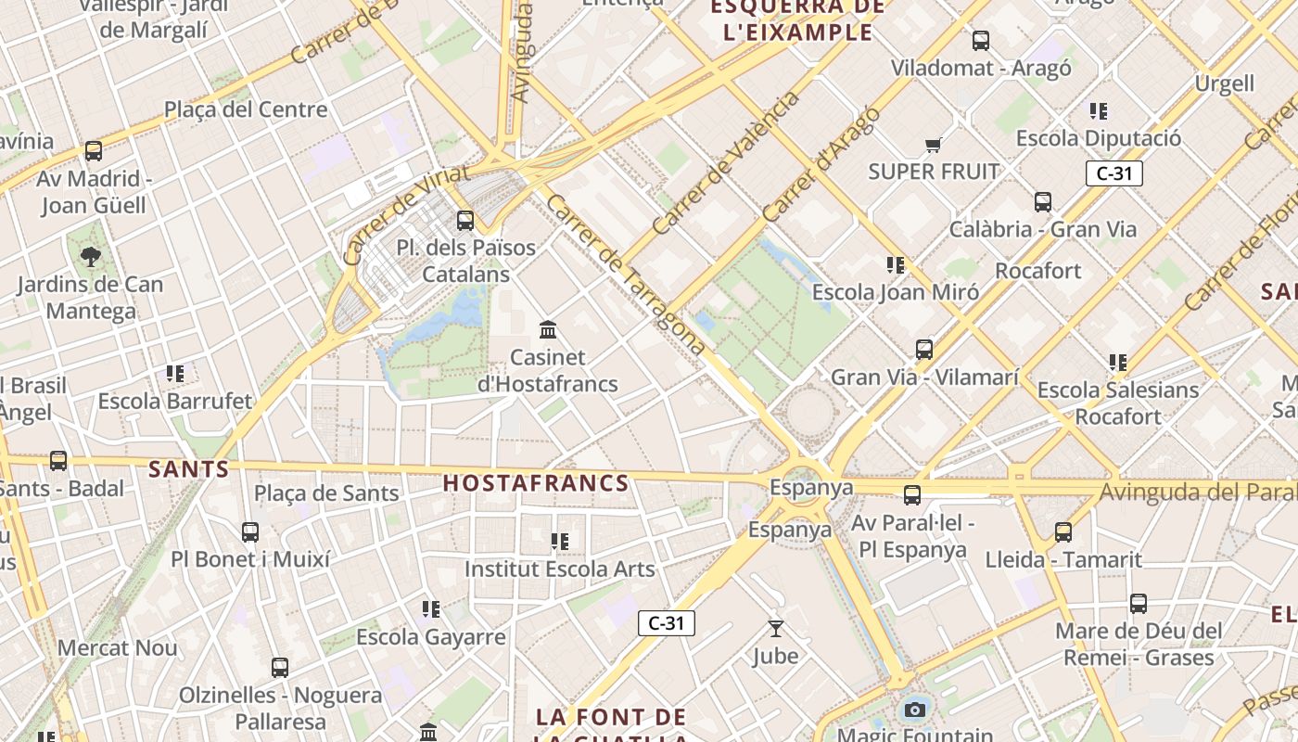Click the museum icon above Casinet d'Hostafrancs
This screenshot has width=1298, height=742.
[x=548, y=330]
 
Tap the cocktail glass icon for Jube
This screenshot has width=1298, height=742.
[x=776, y=629]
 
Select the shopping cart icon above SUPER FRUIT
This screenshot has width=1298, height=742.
[x=934, y=145]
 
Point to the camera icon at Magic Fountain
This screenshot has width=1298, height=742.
[x=915, y=710]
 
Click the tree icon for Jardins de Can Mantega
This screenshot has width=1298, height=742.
[x=91, y=256]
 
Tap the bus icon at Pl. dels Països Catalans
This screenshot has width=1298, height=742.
[x=465, y=221]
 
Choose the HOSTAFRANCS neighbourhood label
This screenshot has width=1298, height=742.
[x=536, y=483]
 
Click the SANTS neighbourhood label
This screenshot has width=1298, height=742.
[x=189, y=469]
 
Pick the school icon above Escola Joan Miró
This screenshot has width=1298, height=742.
[x=896, y=265]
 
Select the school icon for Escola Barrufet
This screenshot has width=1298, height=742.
[x=175, y=374]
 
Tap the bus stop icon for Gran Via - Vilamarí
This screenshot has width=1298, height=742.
[x=924, y=350]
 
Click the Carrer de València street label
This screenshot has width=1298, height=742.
[x=725, y=163]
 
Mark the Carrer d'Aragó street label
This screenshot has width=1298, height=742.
[x=821, y=164]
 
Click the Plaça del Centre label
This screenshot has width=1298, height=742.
[x=246, y=109]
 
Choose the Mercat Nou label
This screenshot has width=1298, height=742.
[x=118, y=647]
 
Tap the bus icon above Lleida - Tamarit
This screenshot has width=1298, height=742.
[x=1063, y=532]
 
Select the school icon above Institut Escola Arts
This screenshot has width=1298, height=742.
[x=560, y=541]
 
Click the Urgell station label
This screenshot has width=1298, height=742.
[x=1224, y=83]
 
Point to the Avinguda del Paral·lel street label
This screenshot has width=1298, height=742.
[x=1196, y=493]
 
